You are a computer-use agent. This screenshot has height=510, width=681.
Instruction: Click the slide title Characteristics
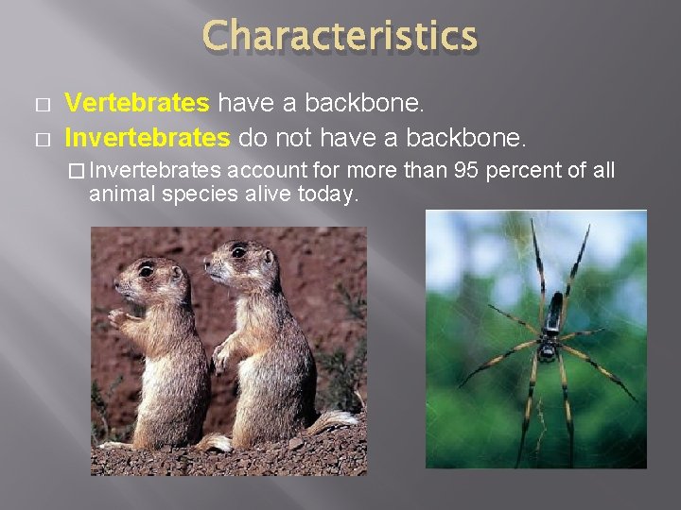coord(340,37)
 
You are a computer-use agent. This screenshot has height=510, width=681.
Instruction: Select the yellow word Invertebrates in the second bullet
coord(146,138)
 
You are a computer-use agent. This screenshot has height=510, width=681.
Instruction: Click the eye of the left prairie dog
coord(146,270)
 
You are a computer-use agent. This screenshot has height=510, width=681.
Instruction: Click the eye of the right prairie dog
coord(237,252)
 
